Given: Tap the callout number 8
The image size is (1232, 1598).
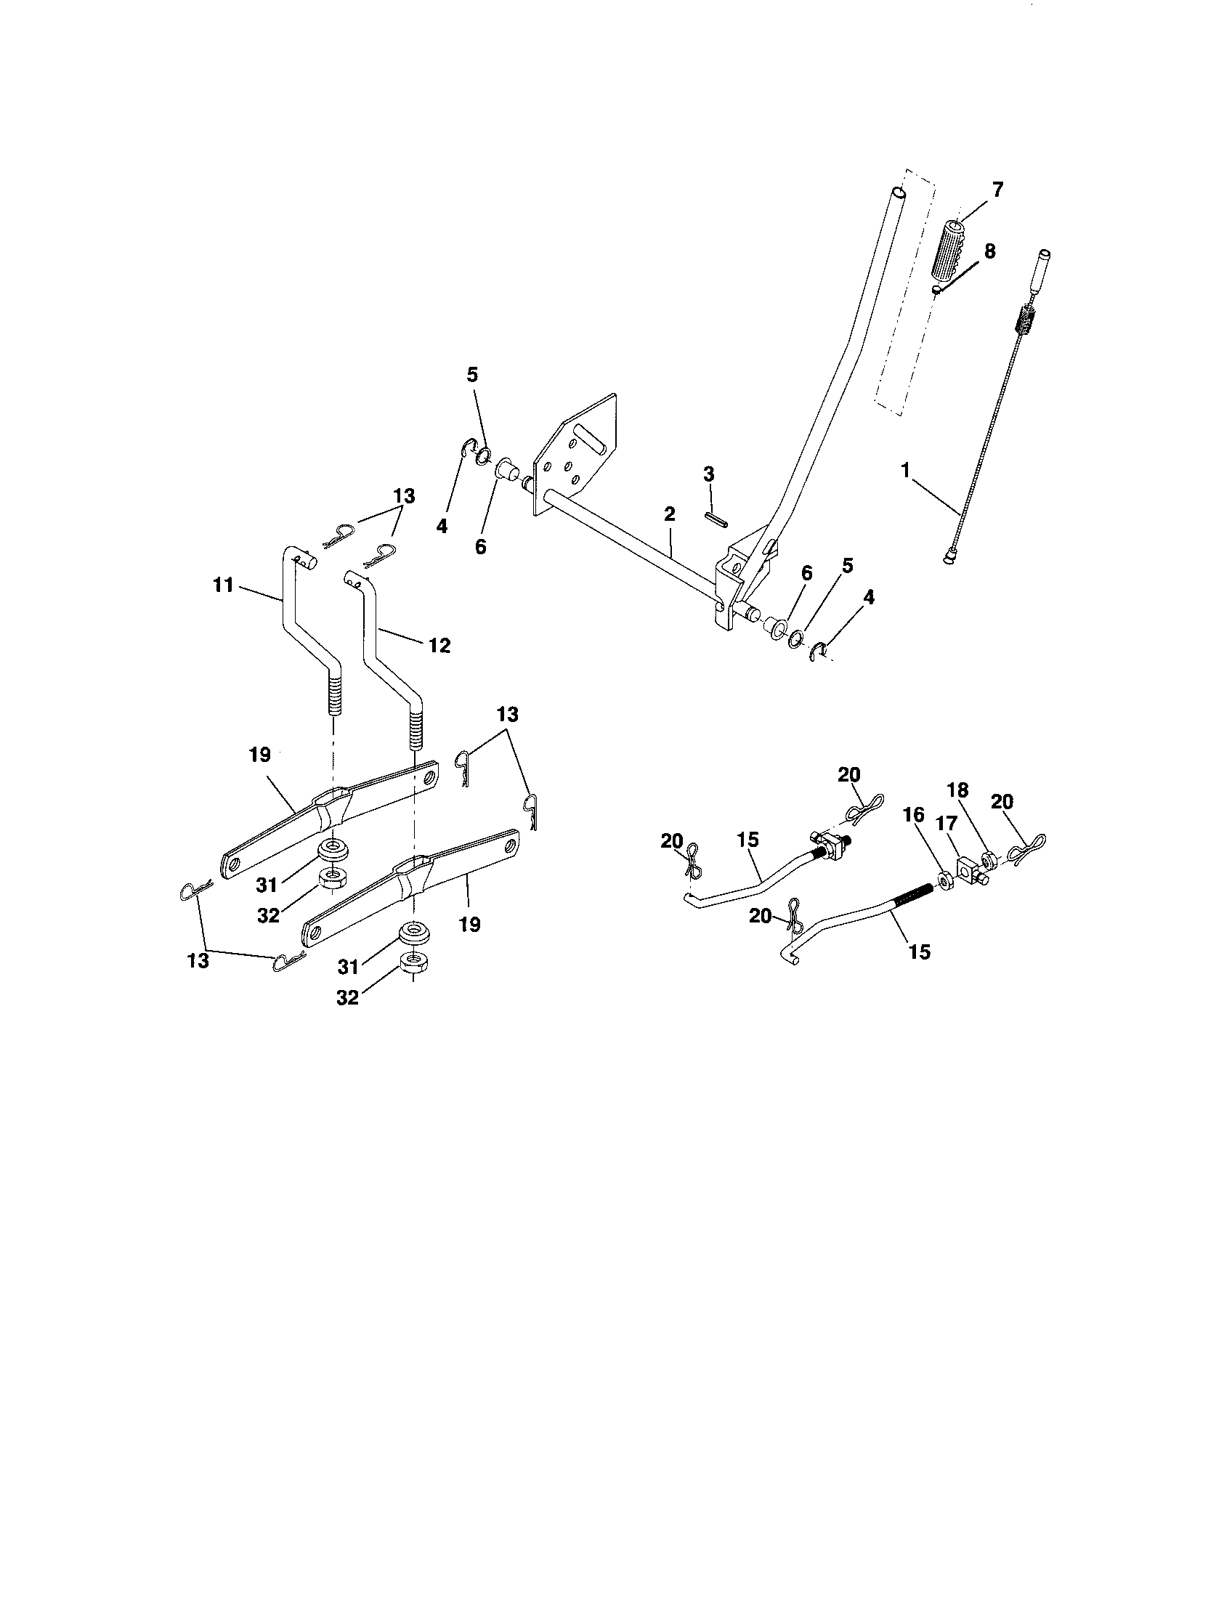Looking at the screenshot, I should [x=989, y=252].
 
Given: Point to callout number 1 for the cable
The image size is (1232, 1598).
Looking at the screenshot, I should [x=905, y=471].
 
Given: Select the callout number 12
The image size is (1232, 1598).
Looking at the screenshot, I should [x=439, y=645].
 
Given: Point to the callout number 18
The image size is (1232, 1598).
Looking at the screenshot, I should [x=957, y=790].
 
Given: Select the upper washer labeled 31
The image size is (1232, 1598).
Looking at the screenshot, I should [x=335, y=851].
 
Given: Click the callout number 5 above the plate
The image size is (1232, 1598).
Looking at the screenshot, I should [x=472, y=376].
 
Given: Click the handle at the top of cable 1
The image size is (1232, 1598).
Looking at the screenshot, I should [x=1041, y=270].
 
